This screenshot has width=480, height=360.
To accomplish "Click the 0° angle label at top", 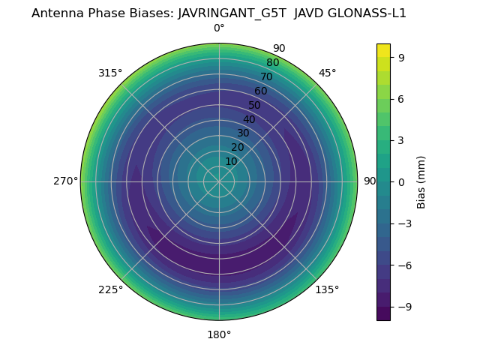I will click(219, 28).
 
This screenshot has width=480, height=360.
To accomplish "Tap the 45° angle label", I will click(328, 73).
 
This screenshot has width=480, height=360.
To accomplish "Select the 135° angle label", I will click(327, 290).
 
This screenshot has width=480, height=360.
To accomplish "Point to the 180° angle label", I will click(219, 334).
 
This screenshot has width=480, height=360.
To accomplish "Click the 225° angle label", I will click(110, 290).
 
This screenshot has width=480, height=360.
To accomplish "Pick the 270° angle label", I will click(65, 181).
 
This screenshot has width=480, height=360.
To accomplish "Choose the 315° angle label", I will click(110, 73).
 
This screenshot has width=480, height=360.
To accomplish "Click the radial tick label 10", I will click(231, 161).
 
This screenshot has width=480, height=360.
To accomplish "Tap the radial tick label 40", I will click(249, 119).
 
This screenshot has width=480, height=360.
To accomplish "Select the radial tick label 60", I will click(260, 91).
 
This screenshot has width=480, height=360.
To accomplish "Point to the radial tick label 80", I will click(272, 63).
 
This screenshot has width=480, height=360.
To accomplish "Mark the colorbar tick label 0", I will click(401, 181).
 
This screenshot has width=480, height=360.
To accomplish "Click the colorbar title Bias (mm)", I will click(421, 181).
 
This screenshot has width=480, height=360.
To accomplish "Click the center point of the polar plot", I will click(219, 181).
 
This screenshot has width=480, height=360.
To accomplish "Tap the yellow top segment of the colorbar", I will click(383, 50).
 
